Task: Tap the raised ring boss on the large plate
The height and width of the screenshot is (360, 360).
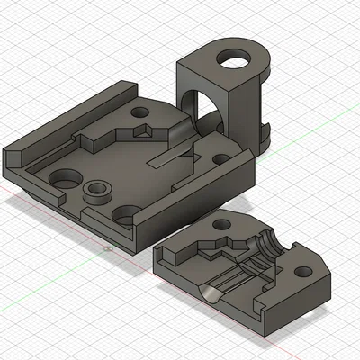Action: [x=95, y=192]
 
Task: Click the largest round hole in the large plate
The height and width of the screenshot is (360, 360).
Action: [x=64, y=179]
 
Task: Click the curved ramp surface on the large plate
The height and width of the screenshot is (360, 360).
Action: [x=179, y=134]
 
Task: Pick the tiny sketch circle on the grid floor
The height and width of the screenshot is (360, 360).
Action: [x=106, y=249]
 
